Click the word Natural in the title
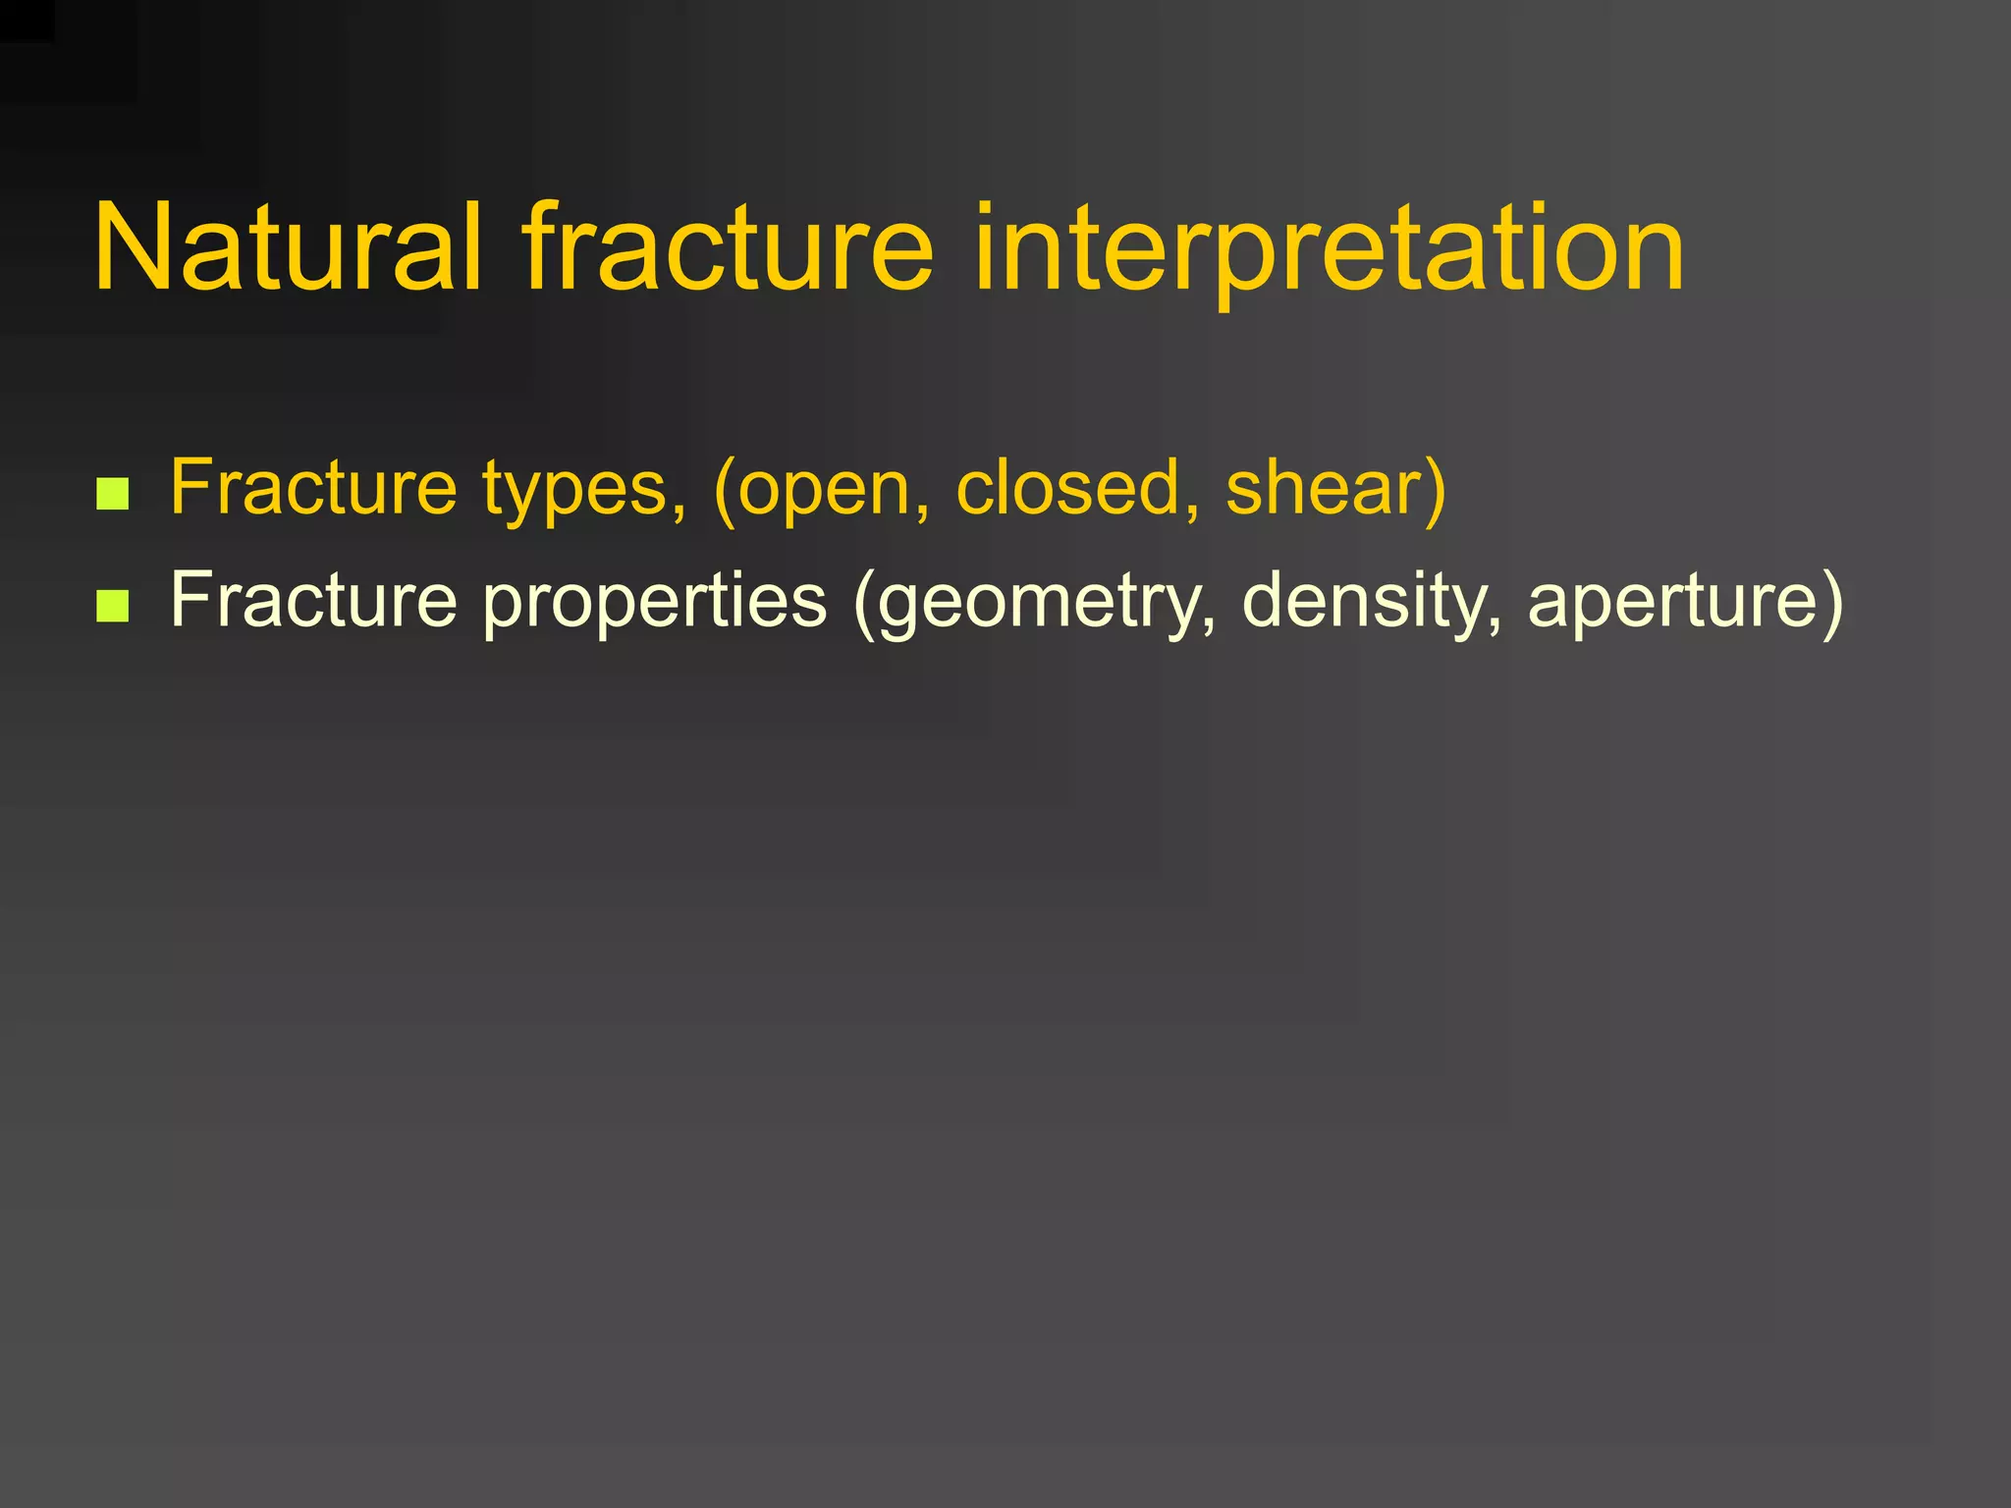288,247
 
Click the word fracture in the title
727,247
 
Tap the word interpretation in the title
1328,247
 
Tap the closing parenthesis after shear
1435,489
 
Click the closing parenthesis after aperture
1831,601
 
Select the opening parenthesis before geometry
865,601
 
